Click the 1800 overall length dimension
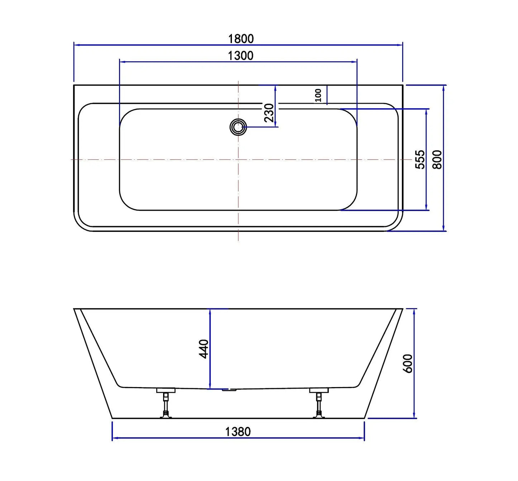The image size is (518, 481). tap(241, 38)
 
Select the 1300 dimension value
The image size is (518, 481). tap(241, 56)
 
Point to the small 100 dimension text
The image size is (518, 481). tap(318, 95)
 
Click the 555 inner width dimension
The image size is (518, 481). tap(420, 159)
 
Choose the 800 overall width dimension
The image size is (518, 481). tap(437, 159)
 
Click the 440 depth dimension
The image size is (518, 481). tap(204, 349)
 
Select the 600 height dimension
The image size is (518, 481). tap(408, 363)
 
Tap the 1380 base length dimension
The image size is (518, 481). tap(238, 432)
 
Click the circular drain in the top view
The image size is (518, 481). tap(238, 127)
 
